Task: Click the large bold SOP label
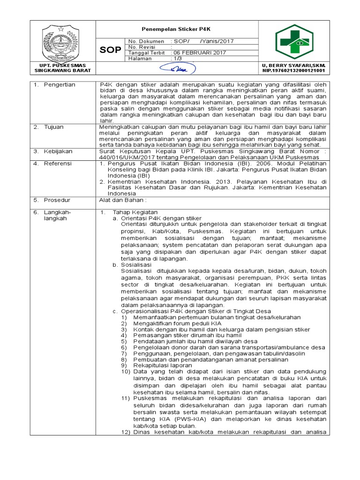tap(110, 50)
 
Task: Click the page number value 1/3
tap(179, 59)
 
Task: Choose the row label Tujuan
tap(56, 127)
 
